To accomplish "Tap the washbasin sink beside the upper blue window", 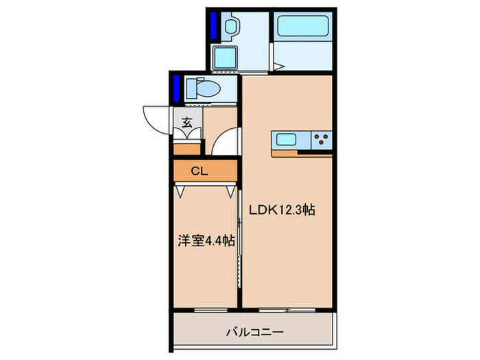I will [231, 27].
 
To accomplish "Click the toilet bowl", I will [207, 88].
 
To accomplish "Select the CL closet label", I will [200, 171].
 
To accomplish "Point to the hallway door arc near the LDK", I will [225, 144].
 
